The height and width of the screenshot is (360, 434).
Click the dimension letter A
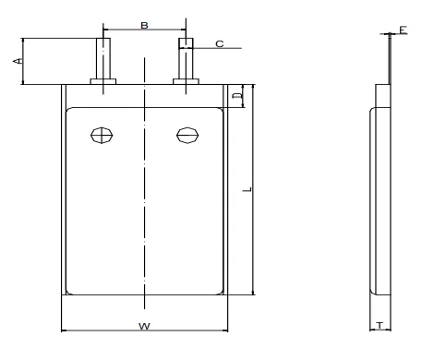click(x=18, y=61)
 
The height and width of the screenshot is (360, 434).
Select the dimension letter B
click(x=144, y=25)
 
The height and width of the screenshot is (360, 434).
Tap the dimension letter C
click(x=220, y=44)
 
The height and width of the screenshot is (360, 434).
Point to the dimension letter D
click(x=236, y=96)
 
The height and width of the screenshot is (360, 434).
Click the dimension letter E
click(x=404, y=30)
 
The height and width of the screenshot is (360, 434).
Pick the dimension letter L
click(x=247, y=189)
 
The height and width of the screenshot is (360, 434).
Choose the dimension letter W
click(x=144, y=326)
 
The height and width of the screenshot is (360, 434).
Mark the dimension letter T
click(x=380, y=325)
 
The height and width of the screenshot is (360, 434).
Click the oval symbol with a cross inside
click(x=102, y=135)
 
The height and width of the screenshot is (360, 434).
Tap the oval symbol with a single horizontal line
click(x=187, y=135)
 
